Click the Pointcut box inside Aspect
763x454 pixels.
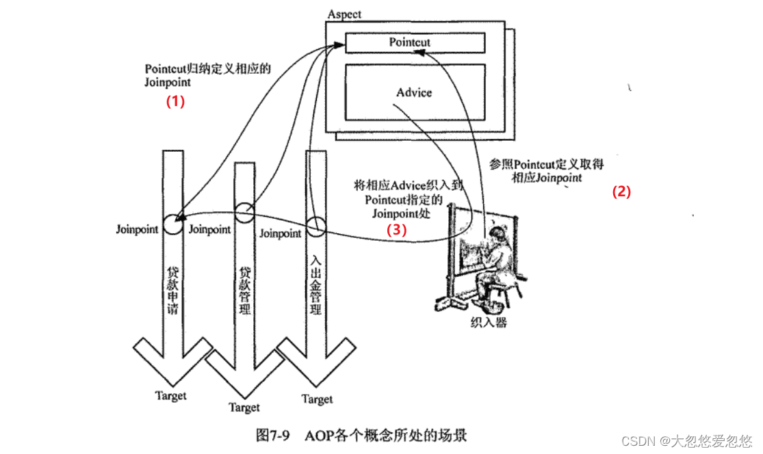[415, 42]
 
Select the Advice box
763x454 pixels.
[415, 92]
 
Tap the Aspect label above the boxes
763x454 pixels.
[345, 14]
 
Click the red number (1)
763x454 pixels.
[175, 101]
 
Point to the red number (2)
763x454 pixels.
[621, 192]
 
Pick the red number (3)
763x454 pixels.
[397, 230]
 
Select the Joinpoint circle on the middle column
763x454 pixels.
[244, 212]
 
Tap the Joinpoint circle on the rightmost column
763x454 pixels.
[315, 226]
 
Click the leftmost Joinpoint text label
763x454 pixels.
[137, 230]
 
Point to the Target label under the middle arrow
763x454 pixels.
[244, 408]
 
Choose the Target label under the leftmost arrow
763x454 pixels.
[170, 395]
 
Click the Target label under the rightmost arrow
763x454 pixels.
[317, 399]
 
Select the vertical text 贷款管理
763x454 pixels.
[244, 291]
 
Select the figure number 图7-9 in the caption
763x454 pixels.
[274, 436]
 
